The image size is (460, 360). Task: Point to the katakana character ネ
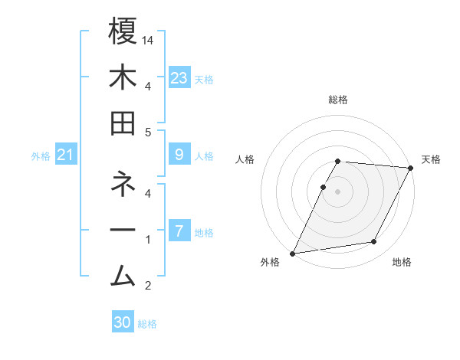[123, 185]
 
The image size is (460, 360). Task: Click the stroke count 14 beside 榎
[149, 39]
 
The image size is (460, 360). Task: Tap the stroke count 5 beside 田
[148, 132]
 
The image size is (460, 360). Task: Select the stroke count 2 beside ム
[148, 286]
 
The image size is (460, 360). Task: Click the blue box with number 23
[179, 77]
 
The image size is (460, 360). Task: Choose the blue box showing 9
[179, 155]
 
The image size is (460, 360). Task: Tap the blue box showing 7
[179, 231]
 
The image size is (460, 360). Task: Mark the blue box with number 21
[66, 155]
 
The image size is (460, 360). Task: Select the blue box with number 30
[123, 322]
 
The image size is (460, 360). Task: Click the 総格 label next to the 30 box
[147, 324]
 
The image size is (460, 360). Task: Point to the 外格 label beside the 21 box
[41, 155]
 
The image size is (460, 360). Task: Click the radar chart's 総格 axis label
[338, 100]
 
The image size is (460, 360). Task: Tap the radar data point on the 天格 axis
[411, 168]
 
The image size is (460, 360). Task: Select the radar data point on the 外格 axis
[292, 253]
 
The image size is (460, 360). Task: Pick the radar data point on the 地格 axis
[374, 242]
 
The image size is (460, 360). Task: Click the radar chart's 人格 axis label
[245, 159]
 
